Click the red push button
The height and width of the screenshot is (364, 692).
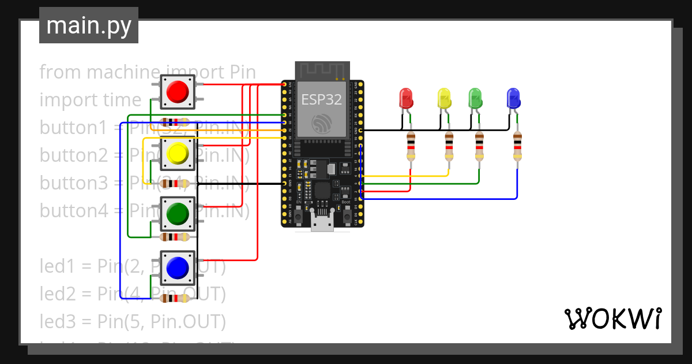177,91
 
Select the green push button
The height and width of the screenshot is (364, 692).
177,214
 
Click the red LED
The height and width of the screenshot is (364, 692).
406,98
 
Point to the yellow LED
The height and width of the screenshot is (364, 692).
443,98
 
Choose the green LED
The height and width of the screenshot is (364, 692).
475,98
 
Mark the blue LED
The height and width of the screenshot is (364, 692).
513,98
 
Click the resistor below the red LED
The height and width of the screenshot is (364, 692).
411,146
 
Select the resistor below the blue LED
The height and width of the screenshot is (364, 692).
517,146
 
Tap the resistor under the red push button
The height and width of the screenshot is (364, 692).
175,122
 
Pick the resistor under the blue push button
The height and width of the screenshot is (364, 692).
175,299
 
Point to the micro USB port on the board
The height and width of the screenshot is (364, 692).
322,222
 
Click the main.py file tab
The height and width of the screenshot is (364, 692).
89,25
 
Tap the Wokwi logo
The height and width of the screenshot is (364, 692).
612,318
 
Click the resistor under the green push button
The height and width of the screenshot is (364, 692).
175,237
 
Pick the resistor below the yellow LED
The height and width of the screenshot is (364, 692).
449,146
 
